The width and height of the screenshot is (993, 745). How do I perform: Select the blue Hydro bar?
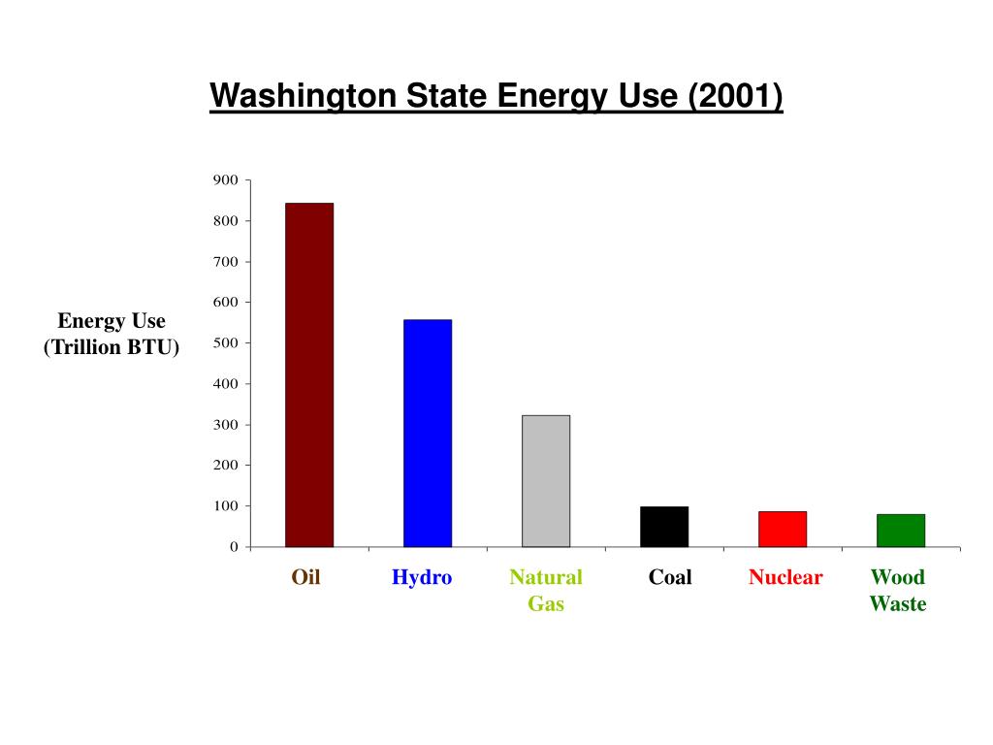(x=427, y=433)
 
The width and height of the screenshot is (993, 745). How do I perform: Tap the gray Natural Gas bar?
(x=545, y=481)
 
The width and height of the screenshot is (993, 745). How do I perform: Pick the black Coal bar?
(x=663, y=527)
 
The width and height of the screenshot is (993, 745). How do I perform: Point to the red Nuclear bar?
(x=782, y=529)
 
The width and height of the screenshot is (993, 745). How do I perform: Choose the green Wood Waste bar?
(x=900, y=531)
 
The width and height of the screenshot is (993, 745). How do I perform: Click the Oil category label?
(x=306, y=578)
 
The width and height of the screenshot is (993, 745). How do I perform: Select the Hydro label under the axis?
(x=422, y=578)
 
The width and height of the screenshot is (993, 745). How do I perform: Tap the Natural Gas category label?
(x=546, y=591)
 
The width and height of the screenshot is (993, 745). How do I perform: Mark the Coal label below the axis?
(x=670, y=578)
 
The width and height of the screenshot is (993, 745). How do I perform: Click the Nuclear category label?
(x=785, y=578)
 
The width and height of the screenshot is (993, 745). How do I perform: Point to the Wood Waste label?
(x=898, y=591)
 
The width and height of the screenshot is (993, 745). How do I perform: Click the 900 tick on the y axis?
(x=225, y=180)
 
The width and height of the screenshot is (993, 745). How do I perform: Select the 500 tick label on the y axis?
(x=225, y=343)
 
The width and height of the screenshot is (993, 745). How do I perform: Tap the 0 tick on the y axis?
(x=233, y=547)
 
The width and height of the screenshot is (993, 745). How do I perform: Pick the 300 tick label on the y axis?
(x=225, y=425)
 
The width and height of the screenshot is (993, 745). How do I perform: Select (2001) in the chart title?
(x=734, y=97)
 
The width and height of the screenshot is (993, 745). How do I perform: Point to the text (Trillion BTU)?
(x=112, y=348)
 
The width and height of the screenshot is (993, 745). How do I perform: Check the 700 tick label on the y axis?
(x=225, y=262)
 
